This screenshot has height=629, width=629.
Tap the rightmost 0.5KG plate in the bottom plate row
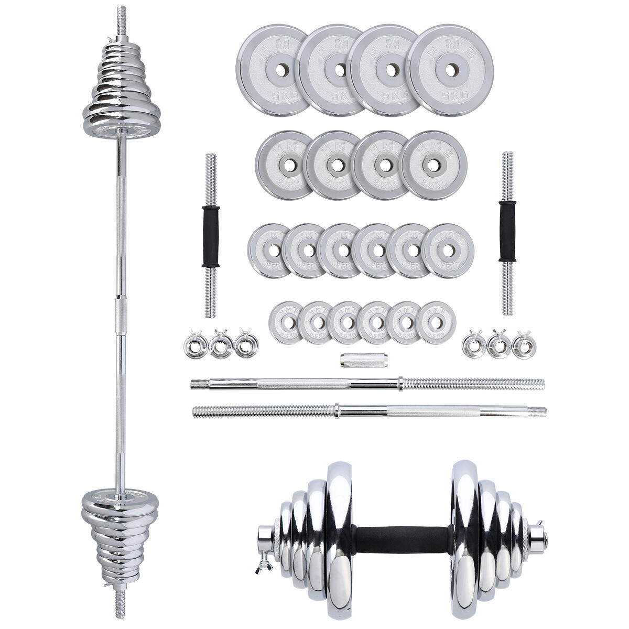click(x=438, y=322)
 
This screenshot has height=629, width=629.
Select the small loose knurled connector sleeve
click(x=359, y=360)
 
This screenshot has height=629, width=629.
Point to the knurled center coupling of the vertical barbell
click(x=121, y=314)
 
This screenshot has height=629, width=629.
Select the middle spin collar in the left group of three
click(x=221, y=346)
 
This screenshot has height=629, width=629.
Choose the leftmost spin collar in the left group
click(x=195, y=345)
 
